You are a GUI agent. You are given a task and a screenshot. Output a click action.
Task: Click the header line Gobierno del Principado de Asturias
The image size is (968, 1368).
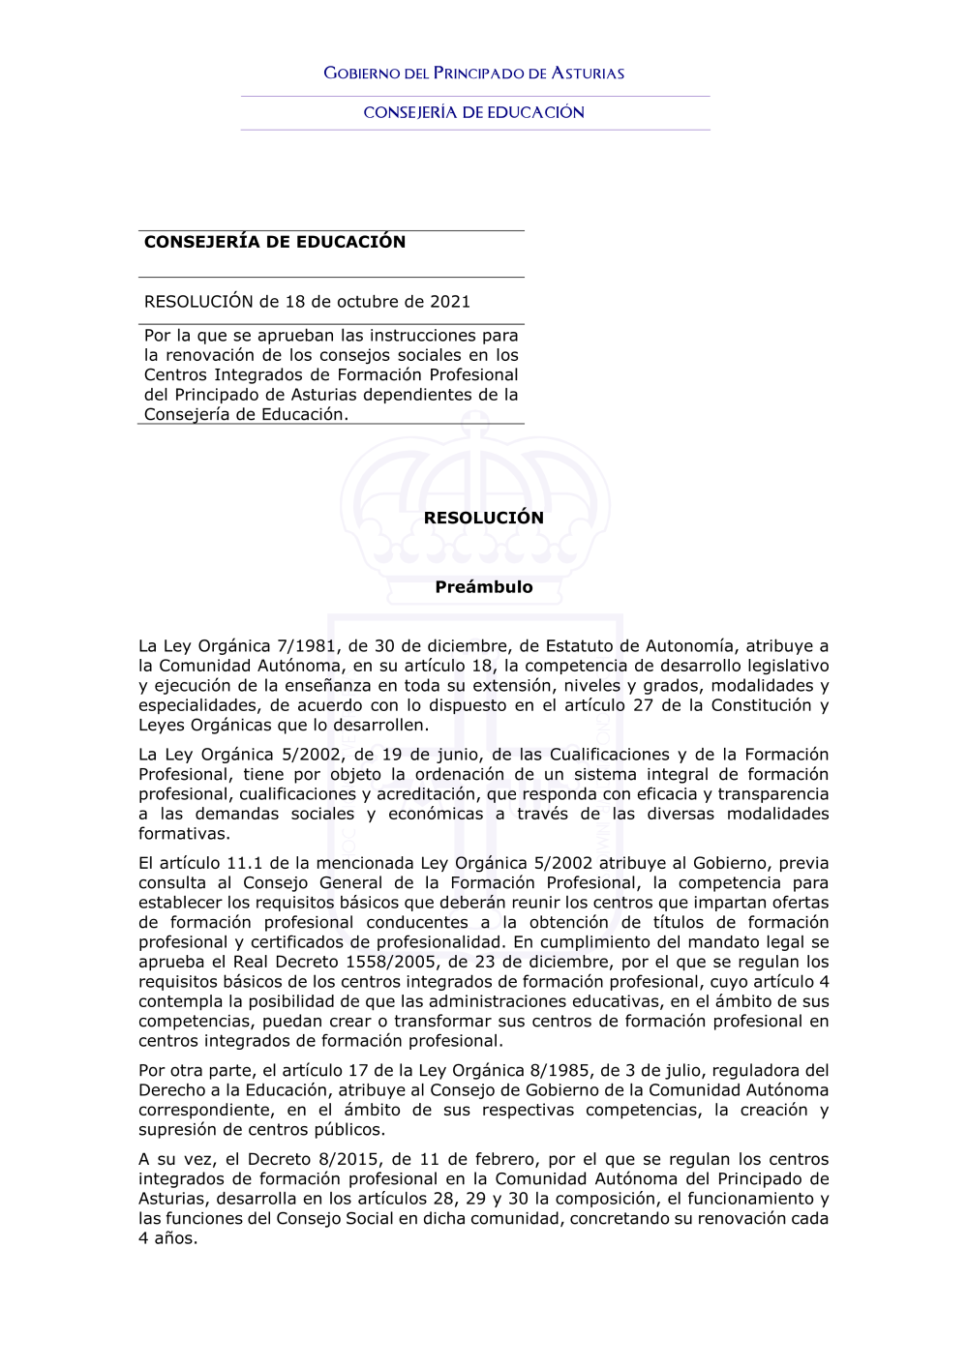pos(473,74)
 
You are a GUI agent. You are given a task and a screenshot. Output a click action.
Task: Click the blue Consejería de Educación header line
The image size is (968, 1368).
pos(473,112)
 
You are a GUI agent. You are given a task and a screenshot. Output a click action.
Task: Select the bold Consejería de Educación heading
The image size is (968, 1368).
pos(275,242)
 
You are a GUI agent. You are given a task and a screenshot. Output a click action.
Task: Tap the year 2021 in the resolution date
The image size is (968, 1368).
pos(450,302)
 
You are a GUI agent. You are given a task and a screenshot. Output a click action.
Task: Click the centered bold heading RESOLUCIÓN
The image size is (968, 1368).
pos(484,519)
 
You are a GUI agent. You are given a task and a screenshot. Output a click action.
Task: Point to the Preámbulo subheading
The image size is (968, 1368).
pos(484,587)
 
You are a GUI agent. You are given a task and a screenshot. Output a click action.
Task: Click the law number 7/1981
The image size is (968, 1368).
pos(307,646)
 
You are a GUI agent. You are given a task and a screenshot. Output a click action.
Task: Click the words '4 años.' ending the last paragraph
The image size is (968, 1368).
pos(167,1238)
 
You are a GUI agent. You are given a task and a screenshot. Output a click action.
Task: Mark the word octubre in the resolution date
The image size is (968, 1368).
pos(368,302)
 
